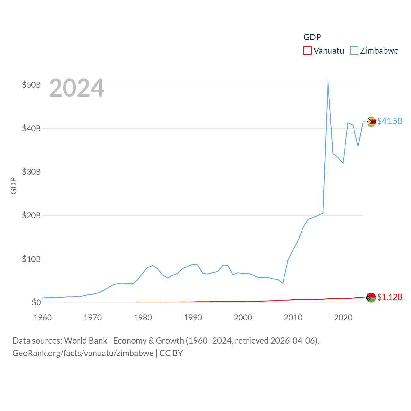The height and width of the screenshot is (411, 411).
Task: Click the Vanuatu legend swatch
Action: coord(307,51)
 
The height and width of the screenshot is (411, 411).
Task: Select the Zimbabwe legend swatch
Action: coord(354,51)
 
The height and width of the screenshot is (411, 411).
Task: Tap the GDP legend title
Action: coord(312,37)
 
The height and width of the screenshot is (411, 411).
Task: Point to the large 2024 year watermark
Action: coord(77,88)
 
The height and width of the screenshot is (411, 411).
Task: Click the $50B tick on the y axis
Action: coord(31,85)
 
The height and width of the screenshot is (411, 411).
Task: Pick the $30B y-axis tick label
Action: coord(31,172)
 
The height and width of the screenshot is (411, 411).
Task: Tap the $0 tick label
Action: coord(36,303)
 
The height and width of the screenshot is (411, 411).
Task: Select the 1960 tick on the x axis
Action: coord(43,318)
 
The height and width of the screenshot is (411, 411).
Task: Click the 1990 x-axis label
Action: coord(193,318)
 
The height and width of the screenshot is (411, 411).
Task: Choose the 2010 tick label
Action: coord(293,318)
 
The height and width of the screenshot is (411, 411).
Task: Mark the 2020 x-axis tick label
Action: coord(343,318)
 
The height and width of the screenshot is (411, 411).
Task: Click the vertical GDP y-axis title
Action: coord(13,186)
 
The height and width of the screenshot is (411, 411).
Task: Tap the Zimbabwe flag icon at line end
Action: coord(371,122)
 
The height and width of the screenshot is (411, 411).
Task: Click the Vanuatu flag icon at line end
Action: coord(371,298)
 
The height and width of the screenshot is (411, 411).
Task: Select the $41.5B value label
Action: coord(390,121)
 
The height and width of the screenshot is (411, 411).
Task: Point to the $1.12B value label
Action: coord(390,297)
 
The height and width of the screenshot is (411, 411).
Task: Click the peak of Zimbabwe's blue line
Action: coord(328,81)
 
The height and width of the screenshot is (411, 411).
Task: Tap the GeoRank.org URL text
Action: coord(83,353)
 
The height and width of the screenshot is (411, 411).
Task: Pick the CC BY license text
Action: coord(171,353)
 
